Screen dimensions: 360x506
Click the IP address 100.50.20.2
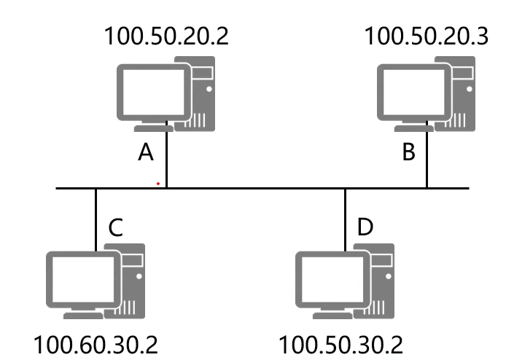[166, 36]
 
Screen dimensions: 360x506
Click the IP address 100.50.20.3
[426, 36]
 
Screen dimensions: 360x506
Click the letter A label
[147, 153]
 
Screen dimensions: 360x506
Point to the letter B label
[408, 153]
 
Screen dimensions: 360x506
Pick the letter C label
[114, 227]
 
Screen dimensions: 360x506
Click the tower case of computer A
[203, 95]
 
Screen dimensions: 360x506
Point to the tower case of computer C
[131, 281]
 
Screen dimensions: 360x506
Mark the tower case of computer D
[381, 281]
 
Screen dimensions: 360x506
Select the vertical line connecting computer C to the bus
[96, 219]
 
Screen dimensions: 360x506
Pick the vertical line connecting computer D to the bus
[346, 219]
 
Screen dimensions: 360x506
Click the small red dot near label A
[157, 183]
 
